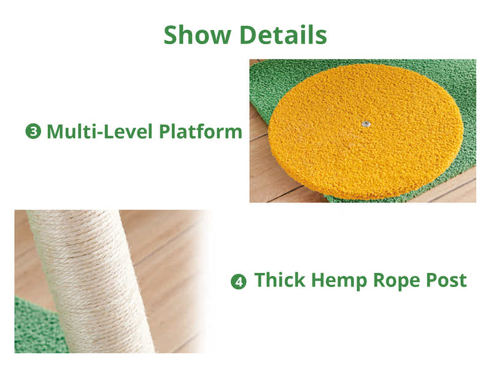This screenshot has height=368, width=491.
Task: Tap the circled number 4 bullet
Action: (x=238, y=282)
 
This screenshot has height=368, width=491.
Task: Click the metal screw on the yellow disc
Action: (x=366, y=124)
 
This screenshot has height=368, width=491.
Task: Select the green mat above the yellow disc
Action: (x=288, y=77)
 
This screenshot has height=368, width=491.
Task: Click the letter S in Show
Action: (x=171, y=35)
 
